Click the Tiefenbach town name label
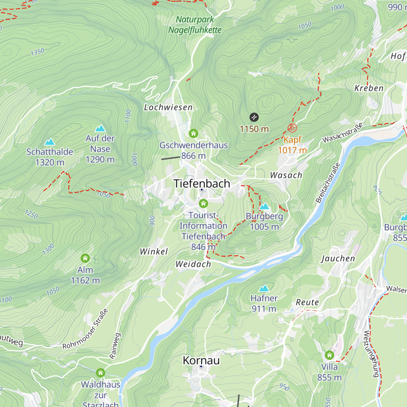pos(201,183)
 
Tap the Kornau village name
pos(201,360)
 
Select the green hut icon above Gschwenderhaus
pos(193,133)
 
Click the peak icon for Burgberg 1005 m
pos(264,206)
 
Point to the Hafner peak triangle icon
pos(264,288)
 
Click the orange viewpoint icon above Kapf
pos(292,128)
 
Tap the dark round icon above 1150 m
pos(254,117)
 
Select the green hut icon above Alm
pos(85,258)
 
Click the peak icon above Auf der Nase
pos(100,128)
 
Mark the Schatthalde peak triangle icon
pos(50,142)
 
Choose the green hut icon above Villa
pos(329,355)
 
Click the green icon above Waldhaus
pos(100,373)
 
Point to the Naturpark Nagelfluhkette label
pos(195,25)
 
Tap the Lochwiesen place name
pos(168,108)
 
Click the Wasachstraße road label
pos(343,133)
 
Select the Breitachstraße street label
pos(328,183)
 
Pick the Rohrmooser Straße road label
pos(85,329)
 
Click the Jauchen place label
pos(338,259)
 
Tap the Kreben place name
pos(369,89)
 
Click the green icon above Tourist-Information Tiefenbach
pos(203,203)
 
